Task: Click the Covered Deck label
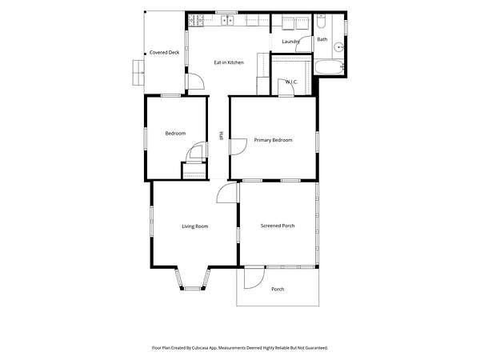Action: (x=164, y=52)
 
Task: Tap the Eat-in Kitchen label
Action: (x=229, y=62)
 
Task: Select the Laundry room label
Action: (x=290, y=42)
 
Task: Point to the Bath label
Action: (x=322, y=39)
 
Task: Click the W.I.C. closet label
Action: (x=291, y=82)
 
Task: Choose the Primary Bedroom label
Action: (x=273, y=140)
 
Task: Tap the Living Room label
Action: (x=195, y=226)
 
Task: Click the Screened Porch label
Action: (x=278, y=226)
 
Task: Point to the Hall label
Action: (x=221, y=136)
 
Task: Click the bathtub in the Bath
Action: (x=329, y=67)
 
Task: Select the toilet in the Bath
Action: (x=321, y=21)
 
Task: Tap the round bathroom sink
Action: (x=338, y=47)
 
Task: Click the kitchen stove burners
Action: (x=196, y=20)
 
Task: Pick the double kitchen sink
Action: (x=227, y=20)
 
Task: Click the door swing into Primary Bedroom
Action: (x=238, y=146)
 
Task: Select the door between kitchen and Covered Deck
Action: (x=195, y=82)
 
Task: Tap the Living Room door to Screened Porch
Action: (x=227, y=193)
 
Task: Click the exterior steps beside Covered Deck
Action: (x=138, y=73)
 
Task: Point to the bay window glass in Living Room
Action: (x=192, y=288)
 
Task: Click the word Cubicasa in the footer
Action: (x=201, y=348)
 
